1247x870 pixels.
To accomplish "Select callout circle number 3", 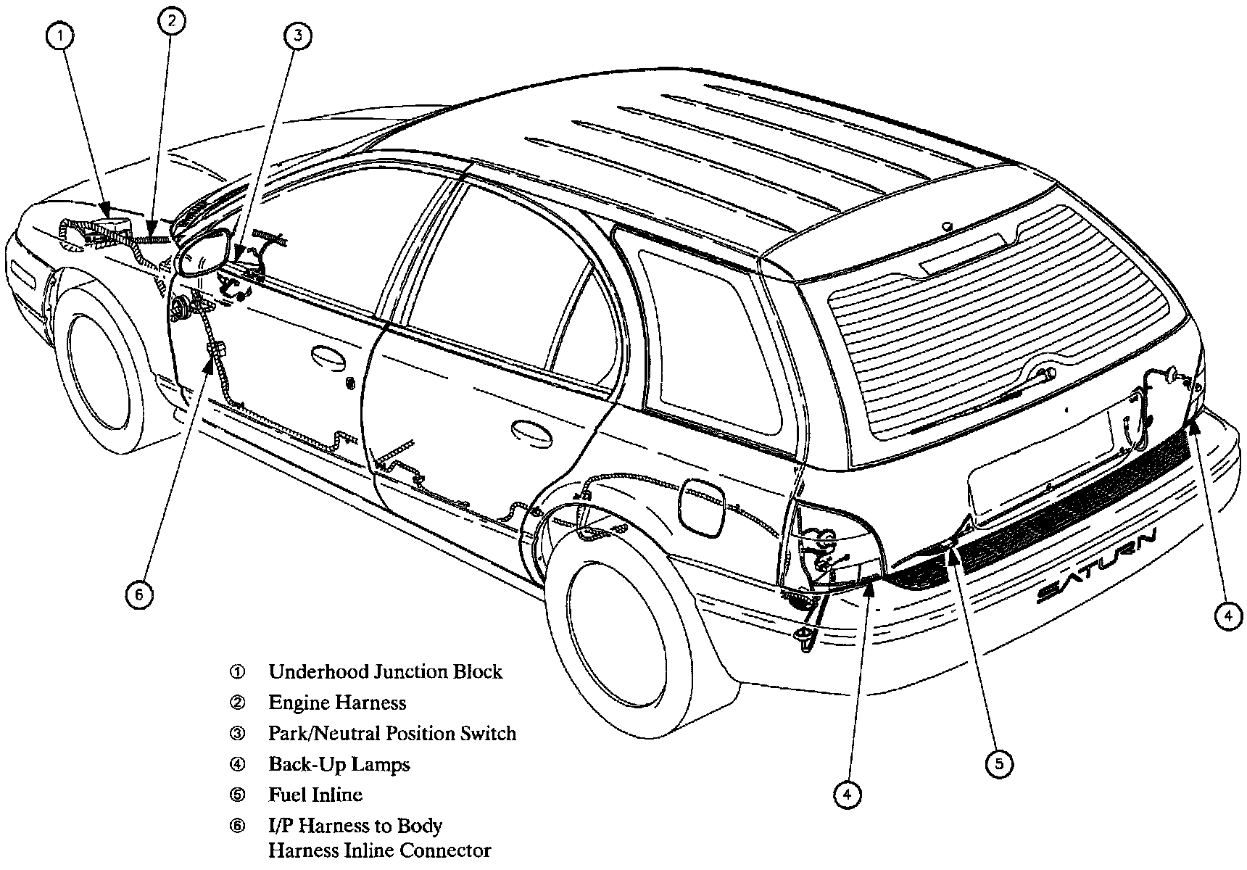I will point(298,36).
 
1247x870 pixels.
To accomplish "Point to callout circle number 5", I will point(999,763).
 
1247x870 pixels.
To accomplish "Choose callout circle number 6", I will point(139,594).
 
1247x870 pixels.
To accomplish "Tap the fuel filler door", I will point(702,508).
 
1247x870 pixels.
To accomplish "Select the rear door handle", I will point(530,430).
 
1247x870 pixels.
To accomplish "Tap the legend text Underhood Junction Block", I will point(385,671).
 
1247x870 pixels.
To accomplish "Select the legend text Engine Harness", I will point(337,703).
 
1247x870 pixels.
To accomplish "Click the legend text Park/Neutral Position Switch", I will point(392,733).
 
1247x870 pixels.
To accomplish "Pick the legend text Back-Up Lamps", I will point(339,764).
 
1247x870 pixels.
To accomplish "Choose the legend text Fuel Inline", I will point(315,795).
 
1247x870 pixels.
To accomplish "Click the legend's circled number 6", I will point(237,826).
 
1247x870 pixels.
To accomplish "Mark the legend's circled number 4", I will point(237,764).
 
